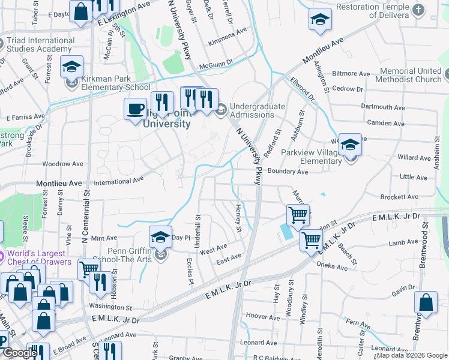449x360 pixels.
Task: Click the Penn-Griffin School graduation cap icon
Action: [160, 238]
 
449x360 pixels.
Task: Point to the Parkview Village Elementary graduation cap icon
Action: [350, 145]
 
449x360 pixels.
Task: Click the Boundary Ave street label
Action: [288, 172]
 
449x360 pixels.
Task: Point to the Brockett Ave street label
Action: [400, 197]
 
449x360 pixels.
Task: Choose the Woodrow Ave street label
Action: [62, 163]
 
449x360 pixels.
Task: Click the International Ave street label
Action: [119, 179]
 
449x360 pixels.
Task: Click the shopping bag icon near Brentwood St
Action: [426, 304]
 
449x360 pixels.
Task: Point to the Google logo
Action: [21, 353]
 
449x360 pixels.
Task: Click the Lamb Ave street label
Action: [403, 243]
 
